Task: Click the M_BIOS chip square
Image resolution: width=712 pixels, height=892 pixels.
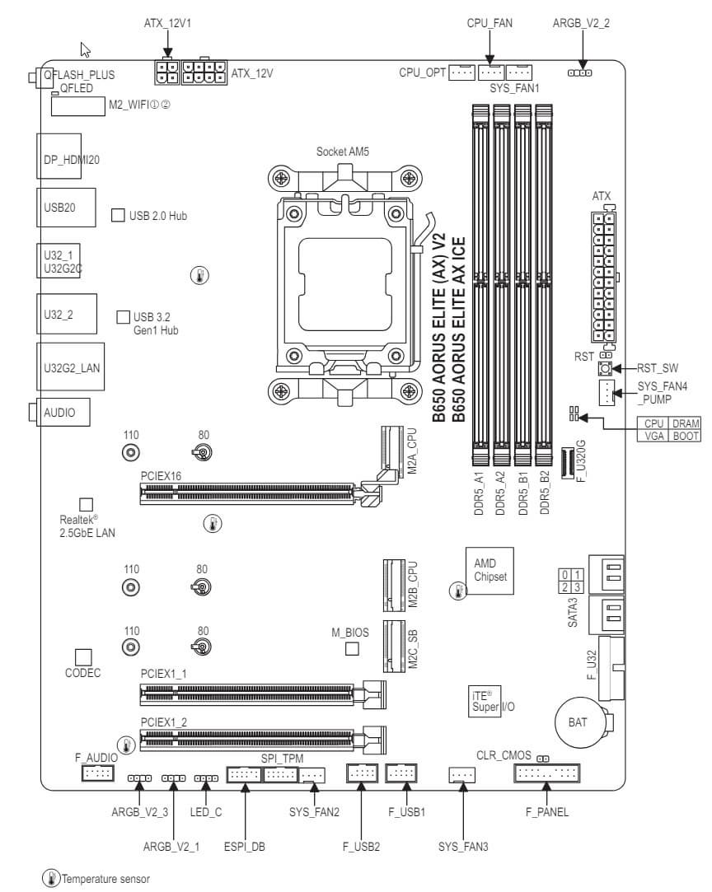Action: click(352, 649)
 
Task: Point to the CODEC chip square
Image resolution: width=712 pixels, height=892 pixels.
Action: click(82, 656)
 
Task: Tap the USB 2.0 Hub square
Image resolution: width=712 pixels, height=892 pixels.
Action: click(117, 216)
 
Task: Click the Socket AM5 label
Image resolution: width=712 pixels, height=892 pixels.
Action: click(344, 152)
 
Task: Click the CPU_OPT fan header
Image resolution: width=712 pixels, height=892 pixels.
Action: click(463, 73)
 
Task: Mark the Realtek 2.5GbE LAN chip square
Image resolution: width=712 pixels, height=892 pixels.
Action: click(85, 504)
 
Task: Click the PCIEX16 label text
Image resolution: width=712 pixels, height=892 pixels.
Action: click(161, 475)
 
